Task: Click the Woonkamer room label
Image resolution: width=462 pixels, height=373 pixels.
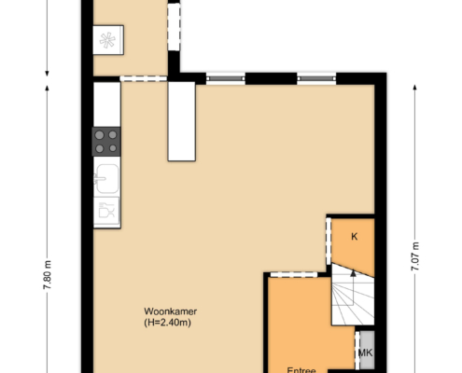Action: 170,311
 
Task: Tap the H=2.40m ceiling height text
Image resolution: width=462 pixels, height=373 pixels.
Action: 167,323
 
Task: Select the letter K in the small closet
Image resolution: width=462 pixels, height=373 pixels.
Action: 354,237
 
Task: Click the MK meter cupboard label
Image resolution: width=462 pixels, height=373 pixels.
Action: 365,352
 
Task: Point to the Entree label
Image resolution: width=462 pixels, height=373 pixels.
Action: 301,370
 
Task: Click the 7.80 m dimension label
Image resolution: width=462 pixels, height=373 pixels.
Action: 48,275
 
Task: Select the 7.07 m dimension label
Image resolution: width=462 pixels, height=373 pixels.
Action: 415,256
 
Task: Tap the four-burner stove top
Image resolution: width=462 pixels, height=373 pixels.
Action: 106,142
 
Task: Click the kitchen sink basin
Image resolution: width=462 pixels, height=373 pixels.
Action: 107,178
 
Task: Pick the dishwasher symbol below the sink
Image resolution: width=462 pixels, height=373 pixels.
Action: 106,211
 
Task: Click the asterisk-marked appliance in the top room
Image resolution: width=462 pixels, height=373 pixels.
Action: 108,40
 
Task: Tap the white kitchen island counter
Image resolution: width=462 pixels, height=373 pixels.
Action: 182,121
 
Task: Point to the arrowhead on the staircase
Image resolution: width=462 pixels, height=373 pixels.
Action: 353,273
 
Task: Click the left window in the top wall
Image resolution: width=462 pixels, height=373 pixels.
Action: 226,78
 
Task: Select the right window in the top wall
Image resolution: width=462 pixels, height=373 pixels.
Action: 316,78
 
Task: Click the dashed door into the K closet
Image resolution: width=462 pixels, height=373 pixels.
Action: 329,242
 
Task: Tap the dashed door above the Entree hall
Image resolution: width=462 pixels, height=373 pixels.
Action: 293,275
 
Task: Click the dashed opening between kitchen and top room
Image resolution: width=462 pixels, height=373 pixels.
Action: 144,78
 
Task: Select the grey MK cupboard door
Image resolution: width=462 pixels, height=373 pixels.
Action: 357,350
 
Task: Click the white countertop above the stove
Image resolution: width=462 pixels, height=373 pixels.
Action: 107,104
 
